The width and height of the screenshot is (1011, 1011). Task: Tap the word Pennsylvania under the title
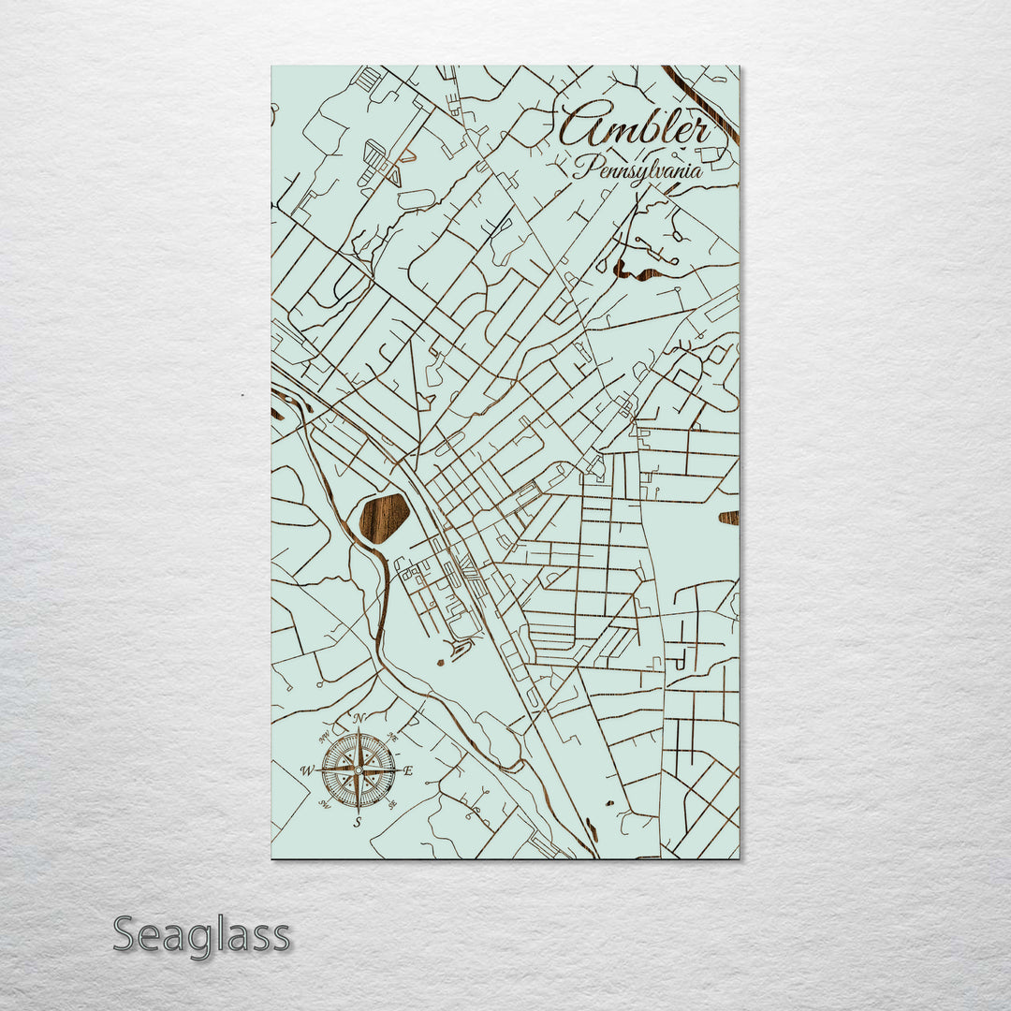637,168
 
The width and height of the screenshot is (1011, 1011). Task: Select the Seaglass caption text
201,935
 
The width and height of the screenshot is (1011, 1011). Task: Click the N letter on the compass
359,719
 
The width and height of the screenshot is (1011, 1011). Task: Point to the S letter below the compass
358,822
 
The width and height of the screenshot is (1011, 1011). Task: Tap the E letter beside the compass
408,770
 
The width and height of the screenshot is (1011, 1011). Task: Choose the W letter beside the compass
305,770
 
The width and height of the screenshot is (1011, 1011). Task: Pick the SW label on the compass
325,803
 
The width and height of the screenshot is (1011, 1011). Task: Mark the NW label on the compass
326,737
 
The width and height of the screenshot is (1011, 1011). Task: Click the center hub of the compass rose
358,769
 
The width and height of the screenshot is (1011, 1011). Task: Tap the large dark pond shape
384,518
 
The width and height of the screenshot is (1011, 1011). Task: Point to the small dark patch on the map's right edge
728,518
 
